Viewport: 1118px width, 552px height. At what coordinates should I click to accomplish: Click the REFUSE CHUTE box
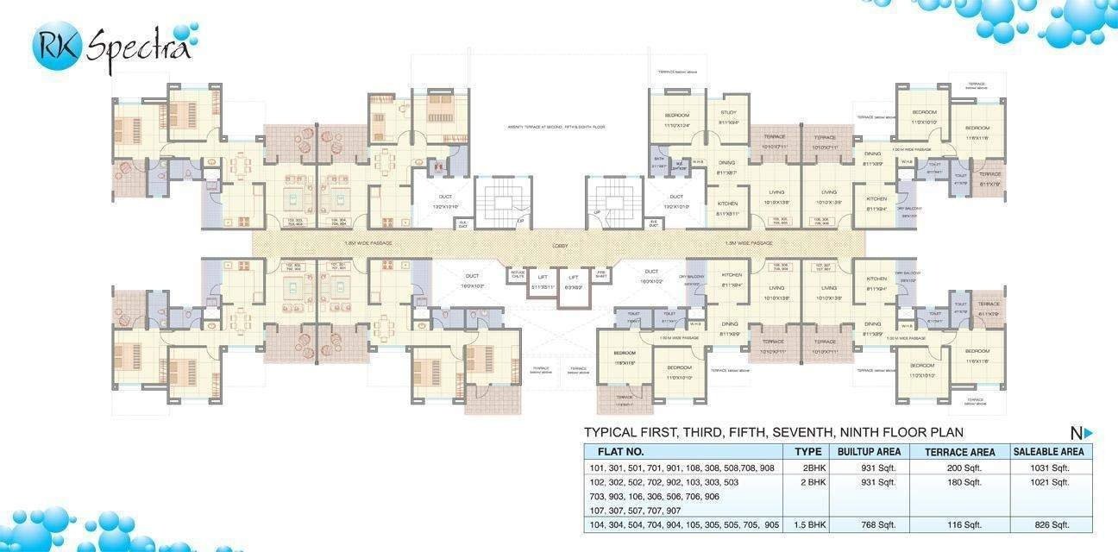(x=518, y=273)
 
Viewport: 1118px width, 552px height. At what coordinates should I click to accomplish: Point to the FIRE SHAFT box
(x=602, y=273)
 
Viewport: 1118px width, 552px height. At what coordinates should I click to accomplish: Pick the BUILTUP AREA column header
(x=869, y=451)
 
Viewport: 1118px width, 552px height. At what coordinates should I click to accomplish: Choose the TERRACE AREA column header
(x=959, y=451)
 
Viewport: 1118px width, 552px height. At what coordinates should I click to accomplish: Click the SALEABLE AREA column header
(x=1048, y=451)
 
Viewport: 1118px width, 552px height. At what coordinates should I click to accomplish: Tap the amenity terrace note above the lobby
(x=556, y=127)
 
